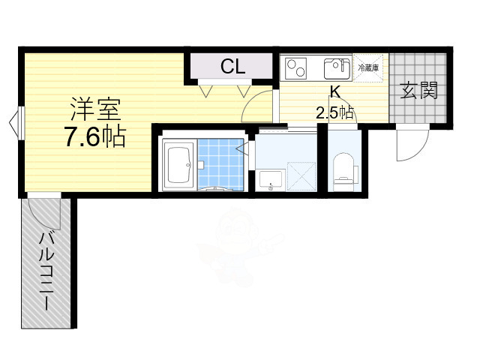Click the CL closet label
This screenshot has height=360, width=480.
tap(232, 67)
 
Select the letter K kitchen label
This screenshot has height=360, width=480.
tap(335, 93)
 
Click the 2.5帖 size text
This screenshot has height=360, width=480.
tap(334, 112)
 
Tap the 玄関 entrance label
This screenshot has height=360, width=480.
tap(418, 91)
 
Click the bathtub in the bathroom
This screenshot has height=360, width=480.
tap(179, 162)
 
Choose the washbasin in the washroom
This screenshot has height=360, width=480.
tap(271, 180)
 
